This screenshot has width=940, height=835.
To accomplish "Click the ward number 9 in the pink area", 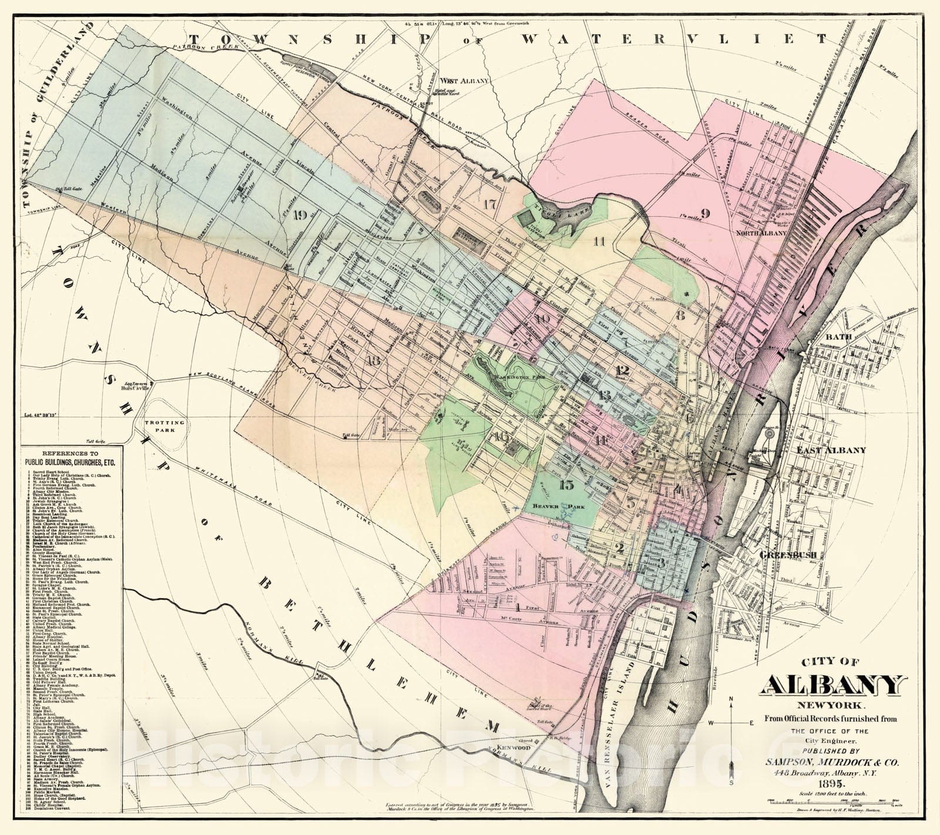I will (705, 214).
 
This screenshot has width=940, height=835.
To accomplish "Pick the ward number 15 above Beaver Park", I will (566, 485).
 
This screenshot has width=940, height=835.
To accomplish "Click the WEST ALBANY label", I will (458, 79).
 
